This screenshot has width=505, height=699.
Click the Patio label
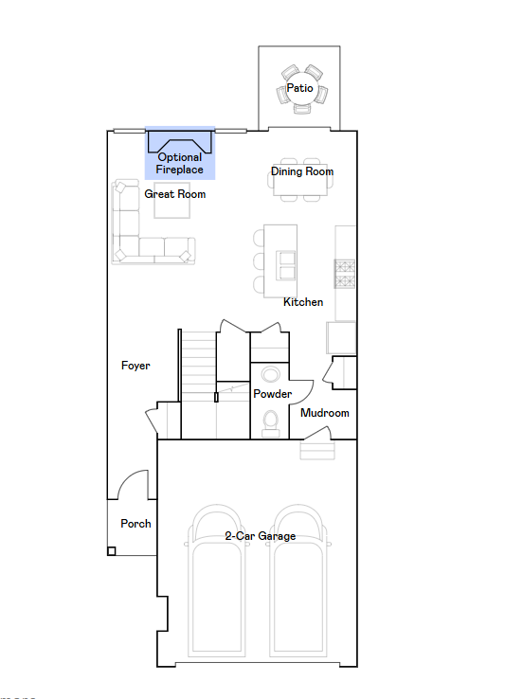coord(299,88)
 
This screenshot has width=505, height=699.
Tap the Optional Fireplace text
coord(179,163)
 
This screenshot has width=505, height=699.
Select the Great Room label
coord(175,194)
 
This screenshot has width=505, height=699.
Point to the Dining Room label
coord(302,171)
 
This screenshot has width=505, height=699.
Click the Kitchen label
coord(303,302)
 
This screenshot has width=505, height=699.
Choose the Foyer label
coord(135,366)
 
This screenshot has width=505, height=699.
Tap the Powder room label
coord(272,394)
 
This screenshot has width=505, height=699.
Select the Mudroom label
coord(325,413)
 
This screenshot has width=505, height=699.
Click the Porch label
coord(135,524)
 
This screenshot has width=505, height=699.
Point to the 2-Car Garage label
coord(261,536)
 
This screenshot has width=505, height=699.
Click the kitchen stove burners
coord(345,274)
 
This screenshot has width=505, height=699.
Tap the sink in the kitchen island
coord(285,265)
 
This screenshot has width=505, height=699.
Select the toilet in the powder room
coord(270,423)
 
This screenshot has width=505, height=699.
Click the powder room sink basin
coord(270,374)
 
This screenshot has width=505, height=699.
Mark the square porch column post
coord(112,551)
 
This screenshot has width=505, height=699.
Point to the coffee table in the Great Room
coord(172,200)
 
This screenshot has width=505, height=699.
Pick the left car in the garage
coord(216,581)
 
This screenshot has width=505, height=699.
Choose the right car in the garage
coord(298,581)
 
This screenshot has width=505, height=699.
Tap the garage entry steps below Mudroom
coord(317,451)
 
